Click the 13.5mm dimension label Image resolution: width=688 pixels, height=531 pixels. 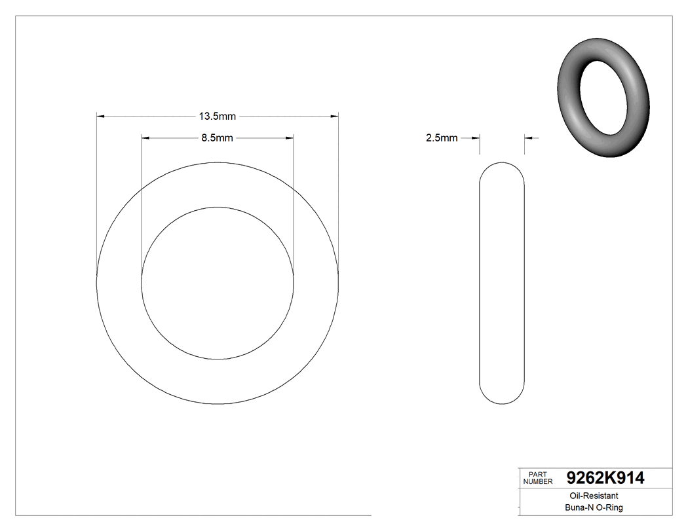click(218, 117)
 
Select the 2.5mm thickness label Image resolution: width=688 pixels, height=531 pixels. click(442, 138)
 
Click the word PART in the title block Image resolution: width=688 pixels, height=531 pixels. click(537, 475)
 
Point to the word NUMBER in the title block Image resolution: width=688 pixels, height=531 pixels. click(539, 482)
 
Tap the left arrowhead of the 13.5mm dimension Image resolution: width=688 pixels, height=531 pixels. click(101, 117)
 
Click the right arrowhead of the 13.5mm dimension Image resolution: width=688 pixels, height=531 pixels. click(334, 117)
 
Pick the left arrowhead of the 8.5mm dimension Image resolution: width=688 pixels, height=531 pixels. click(145, 138)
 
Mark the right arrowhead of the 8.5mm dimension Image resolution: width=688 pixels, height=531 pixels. click(290, 138)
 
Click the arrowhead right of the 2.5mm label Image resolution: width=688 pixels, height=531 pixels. click(476, 138)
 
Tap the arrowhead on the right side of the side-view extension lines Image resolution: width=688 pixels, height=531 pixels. click(529, 138)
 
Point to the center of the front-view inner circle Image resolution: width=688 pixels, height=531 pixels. click(218, 283)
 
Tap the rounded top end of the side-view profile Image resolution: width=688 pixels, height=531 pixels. click(503, 168)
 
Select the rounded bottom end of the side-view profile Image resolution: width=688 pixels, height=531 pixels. click(503, 398)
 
